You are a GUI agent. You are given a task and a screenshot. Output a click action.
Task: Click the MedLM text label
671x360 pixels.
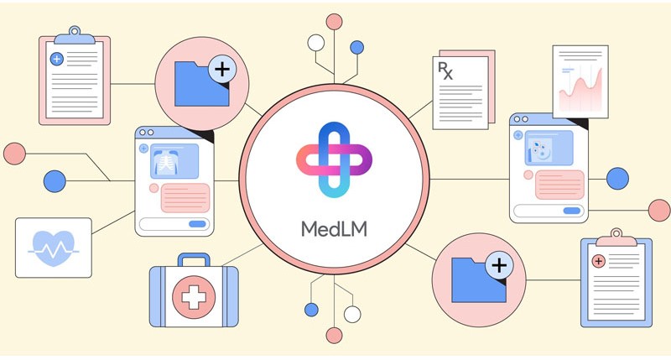(x=334, y=229)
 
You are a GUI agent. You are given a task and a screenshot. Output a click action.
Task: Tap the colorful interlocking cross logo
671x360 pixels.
(x=334, y=159)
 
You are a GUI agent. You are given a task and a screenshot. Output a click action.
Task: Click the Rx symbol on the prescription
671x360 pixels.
(x=445, y=70)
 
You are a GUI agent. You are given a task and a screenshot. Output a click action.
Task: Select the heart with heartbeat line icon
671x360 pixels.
(x=54, y=248)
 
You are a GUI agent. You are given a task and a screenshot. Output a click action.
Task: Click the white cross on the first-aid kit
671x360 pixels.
(x=194, y=297)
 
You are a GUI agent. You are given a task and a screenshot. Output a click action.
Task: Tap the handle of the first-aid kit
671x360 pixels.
(x=194, y=259)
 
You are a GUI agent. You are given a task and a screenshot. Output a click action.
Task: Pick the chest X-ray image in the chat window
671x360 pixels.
(x=174, y=161)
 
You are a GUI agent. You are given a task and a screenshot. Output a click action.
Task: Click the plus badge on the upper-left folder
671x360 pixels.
(x=222, y=70)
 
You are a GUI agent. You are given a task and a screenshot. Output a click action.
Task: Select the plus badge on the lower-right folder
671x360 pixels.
(x=499, y=265)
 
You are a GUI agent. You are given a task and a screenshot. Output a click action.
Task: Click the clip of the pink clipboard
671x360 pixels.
(x=75, y=35)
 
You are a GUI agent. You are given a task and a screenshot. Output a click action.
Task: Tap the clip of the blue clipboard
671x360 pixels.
(x=616, y=237)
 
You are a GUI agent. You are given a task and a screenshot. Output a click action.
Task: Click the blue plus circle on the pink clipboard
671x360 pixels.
(x=57, y=59)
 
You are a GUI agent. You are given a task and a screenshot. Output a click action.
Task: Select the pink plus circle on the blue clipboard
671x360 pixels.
(x=598, y=261)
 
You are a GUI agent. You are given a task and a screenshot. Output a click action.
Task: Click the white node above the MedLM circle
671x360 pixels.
(x=316, y=43)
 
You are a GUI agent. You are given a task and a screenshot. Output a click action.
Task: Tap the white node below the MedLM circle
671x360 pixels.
(x=352, y=314)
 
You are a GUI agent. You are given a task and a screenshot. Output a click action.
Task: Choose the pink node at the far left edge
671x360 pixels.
(x=14, y=154)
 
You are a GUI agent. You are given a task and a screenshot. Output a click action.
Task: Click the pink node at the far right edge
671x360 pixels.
(x=659, y=210)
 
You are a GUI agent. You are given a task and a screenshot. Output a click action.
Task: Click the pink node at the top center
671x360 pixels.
(x=334, y=22)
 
